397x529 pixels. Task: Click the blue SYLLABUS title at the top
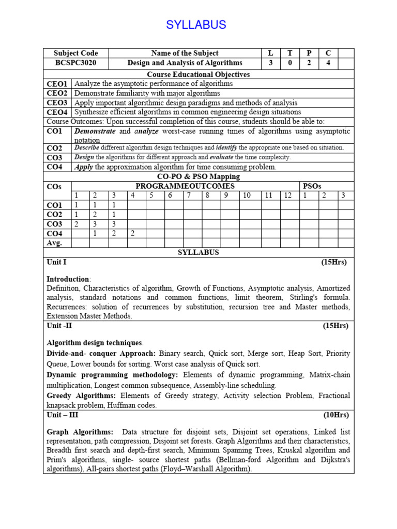[196, 25]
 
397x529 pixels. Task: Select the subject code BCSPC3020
[75, 63]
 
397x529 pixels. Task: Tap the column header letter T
[289, 53]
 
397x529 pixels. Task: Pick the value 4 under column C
[328, 63]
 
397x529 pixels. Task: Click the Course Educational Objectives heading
[198, 74]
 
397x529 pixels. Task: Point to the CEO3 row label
[57, 103]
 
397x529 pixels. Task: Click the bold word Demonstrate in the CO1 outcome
[95, 131]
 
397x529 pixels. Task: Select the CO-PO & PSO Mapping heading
[198, 177]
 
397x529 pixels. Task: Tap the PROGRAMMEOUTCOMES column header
[185, 186]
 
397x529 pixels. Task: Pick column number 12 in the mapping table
[288, 195]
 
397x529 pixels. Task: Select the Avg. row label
[55, 243]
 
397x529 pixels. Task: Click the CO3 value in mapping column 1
[77, 224]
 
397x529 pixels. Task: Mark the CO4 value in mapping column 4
[132, 234]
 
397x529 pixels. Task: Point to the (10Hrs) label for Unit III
[336, 415]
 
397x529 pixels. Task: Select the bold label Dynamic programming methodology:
[112, 375]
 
